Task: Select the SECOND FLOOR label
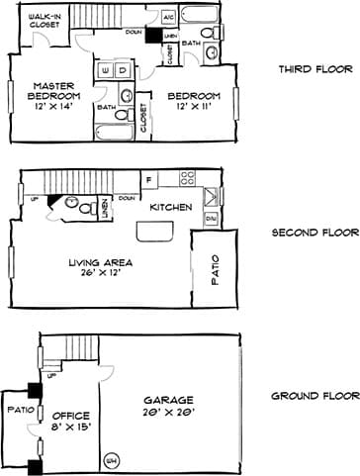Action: pos(315,234)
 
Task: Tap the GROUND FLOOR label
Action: pos(315,397)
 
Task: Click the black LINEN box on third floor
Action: pos(152,36)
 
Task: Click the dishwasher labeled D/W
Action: pos(211,217)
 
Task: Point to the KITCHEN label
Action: pos(169,208)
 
